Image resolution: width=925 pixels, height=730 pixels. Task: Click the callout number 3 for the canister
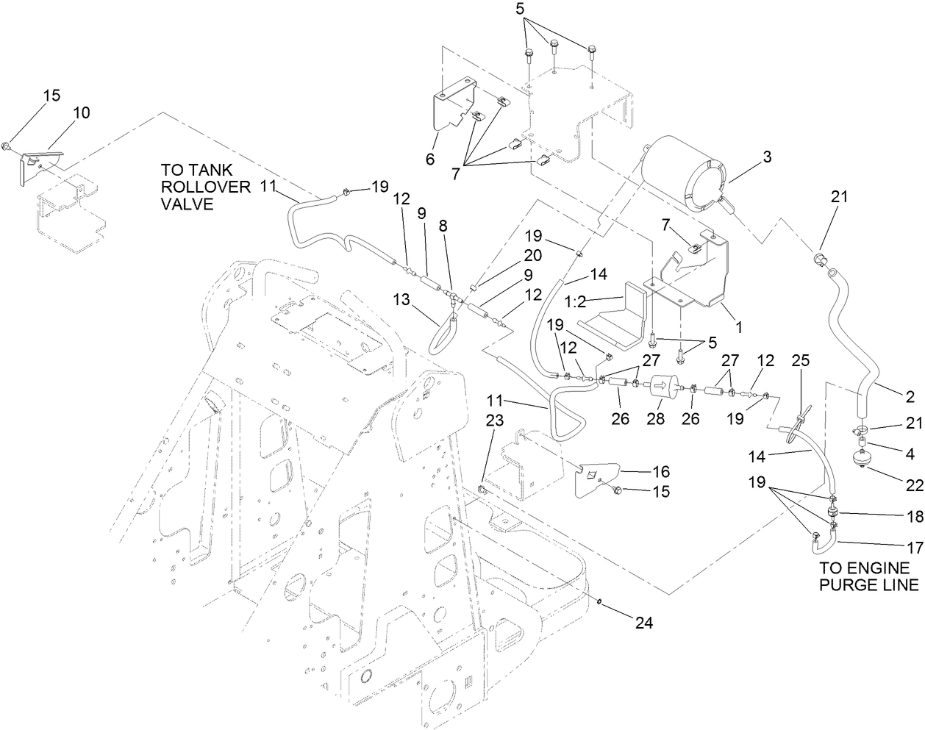tap(767, 156)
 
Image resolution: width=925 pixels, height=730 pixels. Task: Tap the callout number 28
tap(655, 418)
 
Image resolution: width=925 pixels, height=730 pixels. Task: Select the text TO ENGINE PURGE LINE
tap(868, 576)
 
